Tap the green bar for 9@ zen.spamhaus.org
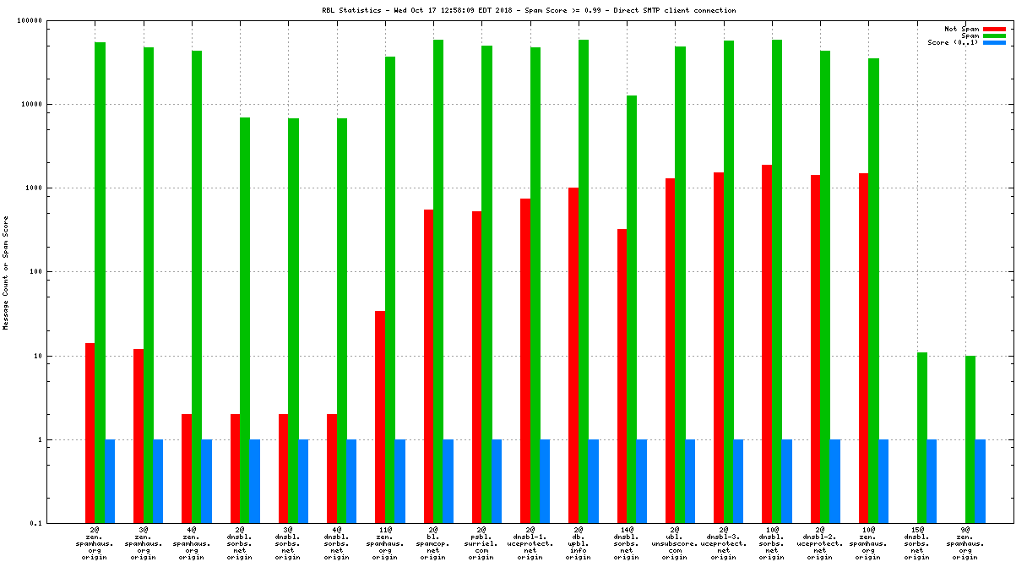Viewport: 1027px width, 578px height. pyautogui.click(x=970, y=439)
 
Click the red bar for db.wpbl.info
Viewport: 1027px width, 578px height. pyautogui.click(x=573, y=355)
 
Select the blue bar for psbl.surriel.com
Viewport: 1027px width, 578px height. pyautogui.click(x=497, y=482)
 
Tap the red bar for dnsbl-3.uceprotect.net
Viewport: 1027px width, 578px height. pyautogui.click(x=719, y=347)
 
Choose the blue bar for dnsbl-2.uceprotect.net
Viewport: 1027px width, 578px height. pyautogui.click(x=834, y=482)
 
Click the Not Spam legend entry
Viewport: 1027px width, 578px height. pyautogui.click(x=961, y=29)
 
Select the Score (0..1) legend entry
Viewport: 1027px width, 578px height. pyautogui.click(x=953, y=42)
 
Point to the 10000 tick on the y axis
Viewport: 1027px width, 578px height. pyautogui.click(x=54, y=105)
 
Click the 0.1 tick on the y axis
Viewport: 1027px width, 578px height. pyautogui.click(x=61, y=524)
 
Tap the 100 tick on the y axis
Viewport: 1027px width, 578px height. pyautogui.click(x=58, y=272)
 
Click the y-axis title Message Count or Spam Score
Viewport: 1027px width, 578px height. pyautogui.click(x=5, y=272)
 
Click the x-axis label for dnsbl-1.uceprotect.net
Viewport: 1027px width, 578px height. pyautogui.click(x=530, y=543)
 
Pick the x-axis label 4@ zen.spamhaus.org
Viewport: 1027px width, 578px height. pyautogui.click(x=191, y=543)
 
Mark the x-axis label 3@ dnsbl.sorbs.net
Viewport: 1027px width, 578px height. pyautogui.click(x=288, y=543)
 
